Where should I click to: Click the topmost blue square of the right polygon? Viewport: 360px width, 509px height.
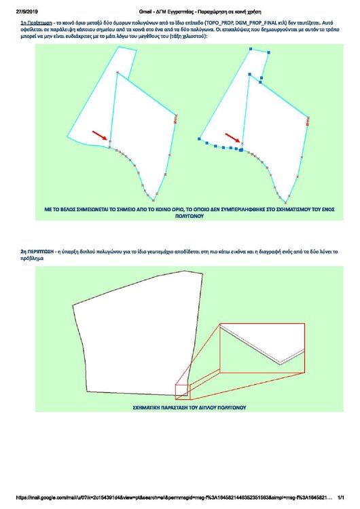pyautogui.click(x=251, y=50)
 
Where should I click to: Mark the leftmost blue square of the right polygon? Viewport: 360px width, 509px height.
pyautogui.click(x=199, y=138)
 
